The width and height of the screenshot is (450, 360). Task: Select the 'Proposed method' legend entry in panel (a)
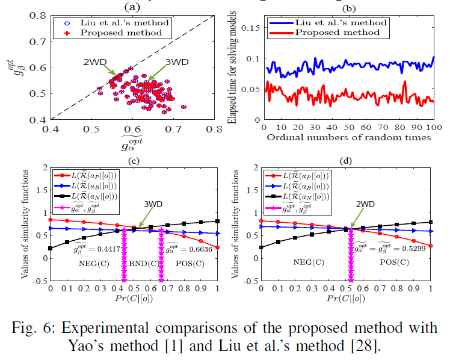(112, 33)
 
